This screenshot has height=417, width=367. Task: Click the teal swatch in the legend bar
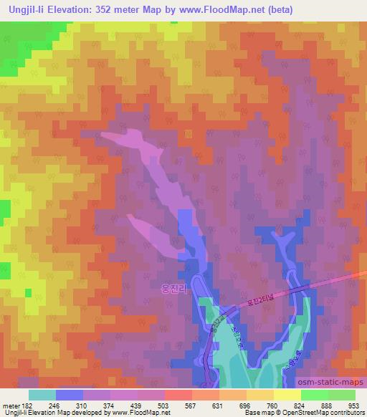coord(42,395)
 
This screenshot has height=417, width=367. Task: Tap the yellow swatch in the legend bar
coord(287,395)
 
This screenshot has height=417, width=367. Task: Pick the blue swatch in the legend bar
coord(70,395)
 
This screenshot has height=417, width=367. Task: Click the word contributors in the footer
coord(347,413)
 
